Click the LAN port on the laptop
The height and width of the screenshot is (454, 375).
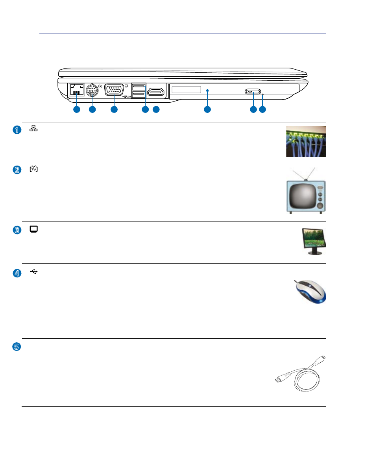coord(77,89)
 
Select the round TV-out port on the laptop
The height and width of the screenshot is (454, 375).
coord(92,90)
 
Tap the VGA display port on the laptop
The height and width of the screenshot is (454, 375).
coord(114,90)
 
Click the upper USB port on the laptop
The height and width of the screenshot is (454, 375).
coord(139,86)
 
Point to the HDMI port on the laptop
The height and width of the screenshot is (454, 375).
coord(156,92)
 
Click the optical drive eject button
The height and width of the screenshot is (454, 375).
coord(253,92)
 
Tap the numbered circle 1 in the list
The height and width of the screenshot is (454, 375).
coord(17,130)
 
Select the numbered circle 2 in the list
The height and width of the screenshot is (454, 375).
coord(17,170)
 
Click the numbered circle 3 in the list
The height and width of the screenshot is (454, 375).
coord(17,230)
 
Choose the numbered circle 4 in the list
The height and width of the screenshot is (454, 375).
coord(17,273)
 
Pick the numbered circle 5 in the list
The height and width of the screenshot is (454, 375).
coord(17,347)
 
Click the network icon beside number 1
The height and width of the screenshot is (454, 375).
coord(33,128)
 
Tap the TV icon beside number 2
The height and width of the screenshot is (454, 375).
coord(33,168)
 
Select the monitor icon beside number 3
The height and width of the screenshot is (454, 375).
coord(33,230)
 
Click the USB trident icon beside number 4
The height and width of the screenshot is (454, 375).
coord(34,271)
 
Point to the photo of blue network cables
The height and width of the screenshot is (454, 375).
coord(306,142)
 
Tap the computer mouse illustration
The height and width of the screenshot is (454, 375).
coord(310,291)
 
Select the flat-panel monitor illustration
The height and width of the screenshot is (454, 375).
coord(314,241)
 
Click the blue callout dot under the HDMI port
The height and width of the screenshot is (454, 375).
coord(156,109)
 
